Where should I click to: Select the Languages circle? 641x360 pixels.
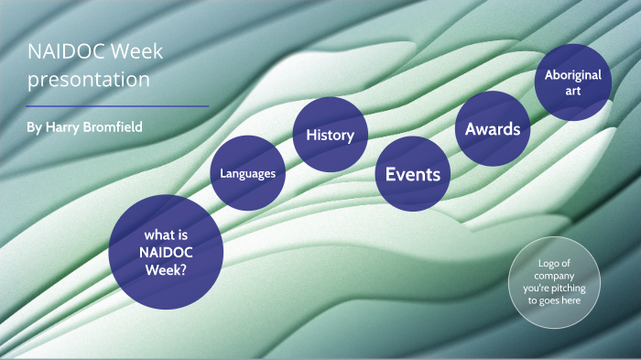pos(248,172)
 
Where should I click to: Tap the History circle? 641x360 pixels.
pos(330,135)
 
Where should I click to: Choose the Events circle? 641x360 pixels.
pos(412,174)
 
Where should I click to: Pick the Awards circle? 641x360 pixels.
pos(493,129)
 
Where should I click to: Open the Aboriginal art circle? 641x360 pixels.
pos(572,82)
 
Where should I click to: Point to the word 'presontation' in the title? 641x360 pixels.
pos(88,80)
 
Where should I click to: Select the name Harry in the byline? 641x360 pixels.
pos(65,126)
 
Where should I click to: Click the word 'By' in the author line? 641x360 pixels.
pos(35,126)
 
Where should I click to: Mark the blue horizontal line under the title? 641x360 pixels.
pos(117,106)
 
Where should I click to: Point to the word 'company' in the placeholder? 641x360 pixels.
pos(555,275)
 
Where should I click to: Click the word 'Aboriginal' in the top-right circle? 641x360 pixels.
pos(572,75)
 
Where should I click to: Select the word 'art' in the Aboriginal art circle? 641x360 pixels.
pos(572,91)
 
